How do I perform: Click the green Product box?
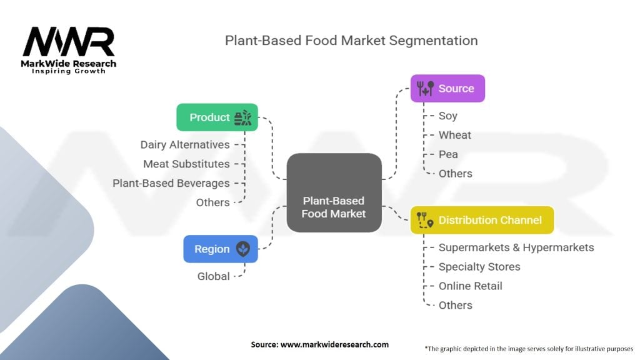[217, 117]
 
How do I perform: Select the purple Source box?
[447, 89]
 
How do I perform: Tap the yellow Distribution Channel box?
[482, 220]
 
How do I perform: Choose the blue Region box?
[220, 249]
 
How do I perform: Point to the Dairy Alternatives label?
[185, 144]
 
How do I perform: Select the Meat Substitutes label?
[186, 164]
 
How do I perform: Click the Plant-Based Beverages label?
[171, 183]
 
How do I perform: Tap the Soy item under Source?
[447, 116]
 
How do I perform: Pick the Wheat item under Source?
[454, 135]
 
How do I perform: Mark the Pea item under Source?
[448, 154]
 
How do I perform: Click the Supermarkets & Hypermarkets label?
[516, 247]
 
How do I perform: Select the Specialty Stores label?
[479, 267]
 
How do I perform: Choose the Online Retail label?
[470, 286]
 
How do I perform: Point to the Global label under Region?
[213, 276]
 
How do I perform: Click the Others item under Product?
[212, 202]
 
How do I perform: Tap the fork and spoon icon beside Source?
[425, 89]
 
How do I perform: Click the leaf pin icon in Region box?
[242, 249]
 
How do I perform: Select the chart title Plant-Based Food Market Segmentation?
[351, 41]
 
